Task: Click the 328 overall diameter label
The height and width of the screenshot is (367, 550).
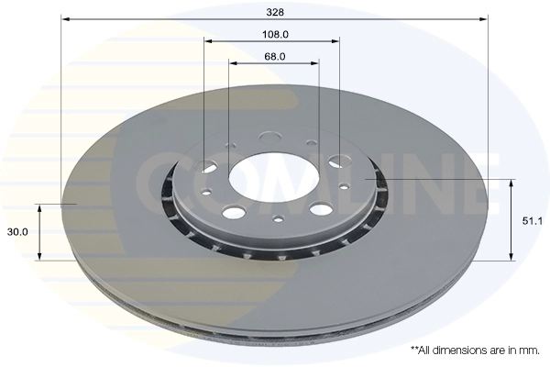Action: [x=275, y=12]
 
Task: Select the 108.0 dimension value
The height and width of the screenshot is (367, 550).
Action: [x=275, y=35]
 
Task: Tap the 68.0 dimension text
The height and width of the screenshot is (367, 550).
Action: [x=275, y=56]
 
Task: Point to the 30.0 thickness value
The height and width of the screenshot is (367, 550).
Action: [x=17, y=232]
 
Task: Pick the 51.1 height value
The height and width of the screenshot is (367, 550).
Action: [x=532, y=221]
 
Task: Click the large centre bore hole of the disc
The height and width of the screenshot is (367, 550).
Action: [x=274, y=177]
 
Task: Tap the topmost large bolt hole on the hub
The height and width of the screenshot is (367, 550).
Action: [x=270, y=138]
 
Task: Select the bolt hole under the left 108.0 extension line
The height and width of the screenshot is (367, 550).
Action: [x=209, y=165]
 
